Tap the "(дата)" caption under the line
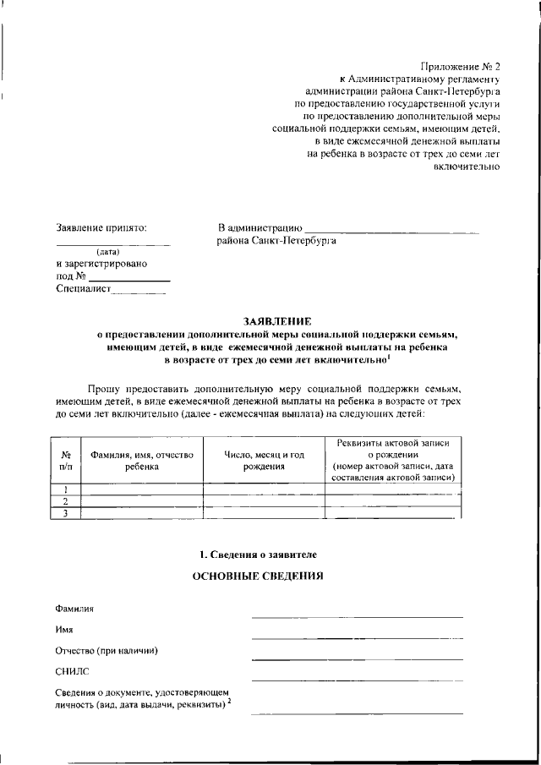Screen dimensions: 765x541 click(107, 251)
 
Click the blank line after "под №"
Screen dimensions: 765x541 click(129, 279)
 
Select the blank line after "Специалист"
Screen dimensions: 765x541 click(139, 292)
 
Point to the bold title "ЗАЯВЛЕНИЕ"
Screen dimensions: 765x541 click(276, 322)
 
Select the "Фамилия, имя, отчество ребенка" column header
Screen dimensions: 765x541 click(141, 460)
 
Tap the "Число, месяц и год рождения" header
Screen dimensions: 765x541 click(264, 460)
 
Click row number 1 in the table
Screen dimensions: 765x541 click(66, 489)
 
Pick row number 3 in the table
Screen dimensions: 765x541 click(66, 513)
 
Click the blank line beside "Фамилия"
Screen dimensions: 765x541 click(357, 615)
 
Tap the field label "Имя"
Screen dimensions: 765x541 click(64, 630)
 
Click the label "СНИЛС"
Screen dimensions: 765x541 click(72, 672)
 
